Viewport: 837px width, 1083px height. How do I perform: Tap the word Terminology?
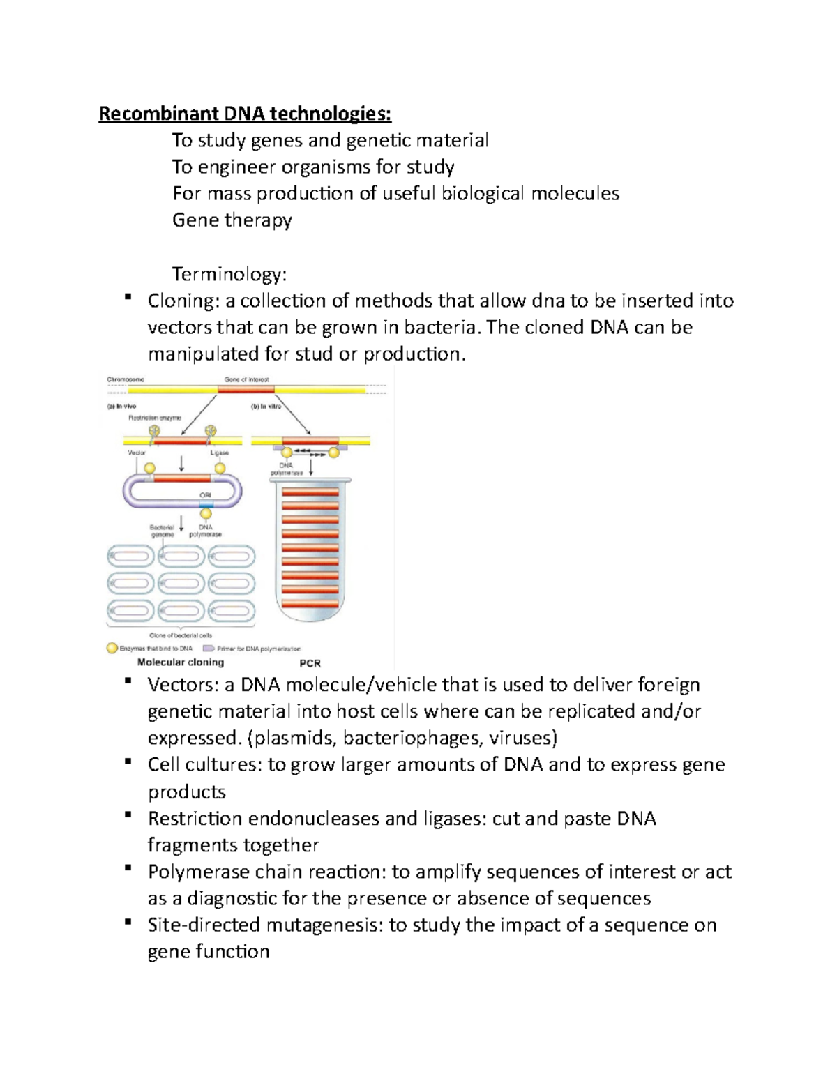(x=229, y=274)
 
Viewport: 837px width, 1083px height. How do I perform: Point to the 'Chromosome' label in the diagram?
(x=126, y=380)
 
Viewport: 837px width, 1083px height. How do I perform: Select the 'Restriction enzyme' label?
(x=154, y=418)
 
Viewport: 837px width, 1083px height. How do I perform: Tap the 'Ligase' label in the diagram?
(x=219, y=453)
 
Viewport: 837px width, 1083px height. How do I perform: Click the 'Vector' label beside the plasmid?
(x=137, y=453)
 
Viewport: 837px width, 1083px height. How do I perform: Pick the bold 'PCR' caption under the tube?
(x=310, y=663)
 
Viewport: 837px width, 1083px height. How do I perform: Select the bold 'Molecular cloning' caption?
(x=181, y=662)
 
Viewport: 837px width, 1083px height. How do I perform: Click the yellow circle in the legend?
(x=112, y=648)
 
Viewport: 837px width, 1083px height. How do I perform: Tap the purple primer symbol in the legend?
(x=208, y=649)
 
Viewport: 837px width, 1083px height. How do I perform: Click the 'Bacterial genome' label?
(x=162, y=531)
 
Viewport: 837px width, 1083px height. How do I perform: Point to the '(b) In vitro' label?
(x=266, y=406)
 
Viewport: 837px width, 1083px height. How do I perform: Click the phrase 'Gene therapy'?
(x=232, y=220)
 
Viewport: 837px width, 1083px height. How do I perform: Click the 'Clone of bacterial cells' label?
(x=181, y=635)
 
